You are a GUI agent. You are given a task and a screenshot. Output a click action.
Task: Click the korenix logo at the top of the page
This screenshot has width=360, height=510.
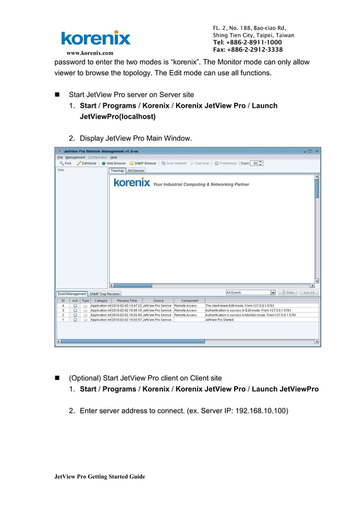point(96,38)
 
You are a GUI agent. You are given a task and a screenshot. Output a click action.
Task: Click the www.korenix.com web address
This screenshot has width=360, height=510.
point(90,53)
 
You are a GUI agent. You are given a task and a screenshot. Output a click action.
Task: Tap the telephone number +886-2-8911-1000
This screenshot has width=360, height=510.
point(247,42)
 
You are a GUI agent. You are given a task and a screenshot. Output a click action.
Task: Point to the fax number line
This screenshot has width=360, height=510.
point(247,50)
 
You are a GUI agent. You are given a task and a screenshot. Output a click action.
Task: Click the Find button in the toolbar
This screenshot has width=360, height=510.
point(65,163)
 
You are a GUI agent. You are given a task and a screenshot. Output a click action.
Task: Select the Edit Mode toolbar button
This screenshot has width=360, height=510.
point(87,163)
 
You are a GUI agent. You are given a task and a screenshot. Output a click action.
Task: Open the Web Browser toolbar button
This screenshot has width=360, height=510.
point(114,163)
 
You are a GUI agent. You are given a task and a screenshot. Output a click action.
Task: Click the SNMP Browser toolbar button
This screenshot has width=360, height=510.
point(143,163)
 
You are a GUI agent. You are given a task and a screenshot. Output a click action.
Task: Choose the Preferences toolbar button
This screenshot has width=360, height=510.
point(226,163)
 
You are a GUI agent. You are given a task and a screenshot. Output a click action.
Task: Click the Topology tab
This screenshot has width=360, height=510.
point(117,170)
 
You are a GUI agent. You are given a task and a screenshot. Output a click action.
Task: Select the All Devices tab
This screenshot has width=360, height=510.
point(135,170)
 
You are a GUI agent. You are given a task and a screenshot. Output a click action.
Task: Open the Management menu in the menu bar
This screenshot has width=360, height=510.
point(75,157)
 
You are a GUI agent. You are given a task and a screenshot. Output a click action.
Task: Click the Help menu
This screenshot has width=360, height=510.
point(114,157)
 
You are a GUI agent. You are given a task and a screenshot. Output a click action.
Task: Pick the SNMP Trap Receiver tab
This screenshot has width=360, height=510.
point(105,294)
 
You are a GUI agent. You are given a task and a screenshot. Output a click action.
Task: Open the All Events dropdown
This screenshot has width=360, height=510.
point(251,293)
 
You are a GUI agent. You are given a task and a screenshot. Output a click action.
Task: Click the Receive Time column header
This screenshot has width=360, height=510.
point(127,300)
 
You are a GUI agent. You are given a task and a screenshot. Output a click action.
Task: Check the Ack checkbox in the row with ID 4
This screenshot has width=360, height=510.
point(75,306)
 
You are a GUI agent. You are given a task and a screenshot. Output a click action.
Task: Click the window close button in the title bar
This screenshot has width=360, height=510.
point(317,151)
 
